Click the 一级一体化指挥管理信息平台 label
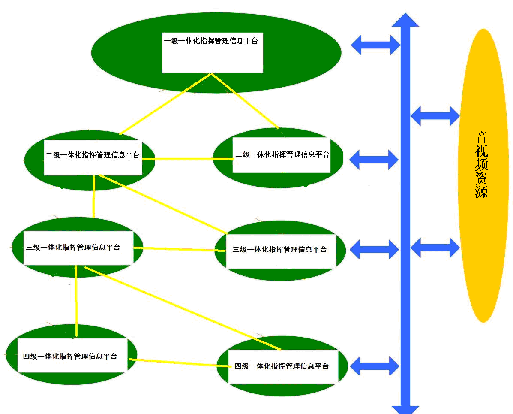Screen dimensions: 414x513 click(x=211, y=42)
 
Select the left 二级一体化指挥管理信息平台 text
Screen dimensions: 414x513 click(x=93, y=155)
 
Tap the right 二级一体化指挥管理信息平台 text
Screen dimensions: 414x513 click(x=282, y=154)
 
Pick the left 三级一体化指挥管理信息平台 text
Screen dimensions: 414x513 click(x=73, y=248)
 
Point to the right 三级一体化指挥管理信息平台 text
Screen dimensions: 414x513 click(x=279, y=249)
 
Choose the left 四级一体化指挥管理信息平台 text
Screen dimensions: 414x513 click(x=70, y=356)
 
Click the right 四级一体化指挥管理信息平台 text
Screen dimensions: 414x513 click(x=282, y=366)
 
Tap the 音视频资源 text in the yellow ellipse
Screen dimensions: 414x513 click(x=482, y=165)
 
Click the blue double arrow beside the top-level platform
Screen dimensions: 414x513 click(x=375, y=44)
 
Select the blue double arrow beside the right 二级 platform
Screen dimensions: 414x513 click(x=374, y=160)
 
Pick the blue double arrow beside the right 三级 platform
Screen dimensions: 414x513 click(x=374, y=248)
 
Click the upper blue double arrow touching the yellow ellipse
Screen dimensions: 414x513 click(x=435, y=115)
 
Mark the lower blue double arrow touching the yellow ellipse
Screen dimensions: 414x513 click(x=435, y=248)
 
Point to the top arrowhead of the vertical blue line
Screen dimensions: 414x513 click(x=405, y=20)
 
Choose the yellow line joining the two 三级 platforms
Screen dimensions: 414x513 click(x=178, y=249)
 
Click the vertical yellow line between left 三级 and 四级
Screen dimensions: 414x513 click(x=76, y=300)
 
